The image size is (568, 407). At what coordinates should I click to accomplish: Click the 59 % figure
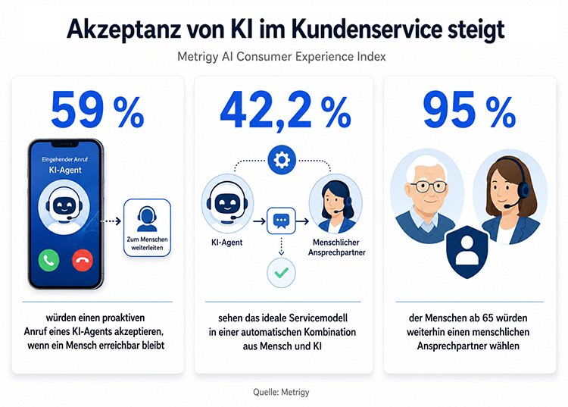coord(98,109)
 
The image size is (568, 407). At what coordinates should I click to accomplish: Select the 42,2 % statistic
coord(286,110)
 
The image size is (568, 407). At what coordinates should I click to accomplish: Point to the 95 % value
coord(470,109)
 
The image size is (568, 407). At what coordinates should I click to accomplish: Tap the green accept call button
coord(49,260)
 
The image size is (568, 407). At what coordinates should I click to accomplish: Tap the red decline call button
coord(83,260)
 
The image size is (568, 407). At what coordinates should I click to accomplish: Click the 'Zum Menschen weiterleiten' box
coord(147,227)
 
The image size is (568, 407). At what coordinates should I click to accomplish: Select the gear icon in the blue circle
coord(282,160)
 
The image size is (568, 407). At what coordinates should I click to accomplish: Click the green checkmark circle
coord(282,273)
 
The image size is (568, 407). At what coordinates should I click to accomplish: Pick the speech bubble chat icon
coord(281,221)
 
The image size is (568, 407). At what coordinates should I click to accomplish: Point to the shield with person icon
coord(467,252)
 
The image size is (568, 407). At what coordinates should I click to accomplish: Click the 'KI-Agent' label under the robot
coord(226,243)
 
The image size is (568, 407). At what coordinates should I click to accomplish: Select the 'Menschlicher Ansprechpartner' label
coord(336,247)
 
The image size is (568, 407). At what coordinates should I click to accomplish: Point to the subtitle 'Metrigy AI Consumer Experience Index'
coord(282,57)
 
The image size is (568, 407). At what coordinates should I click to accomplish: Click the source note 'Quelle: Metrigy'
coord(281,392)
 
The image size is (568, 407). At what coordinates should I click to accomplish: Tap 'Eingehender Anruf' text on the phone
coord(65,159)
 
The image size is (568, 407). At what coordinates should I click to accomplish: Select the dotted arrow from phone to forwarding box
coord(111,221)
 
